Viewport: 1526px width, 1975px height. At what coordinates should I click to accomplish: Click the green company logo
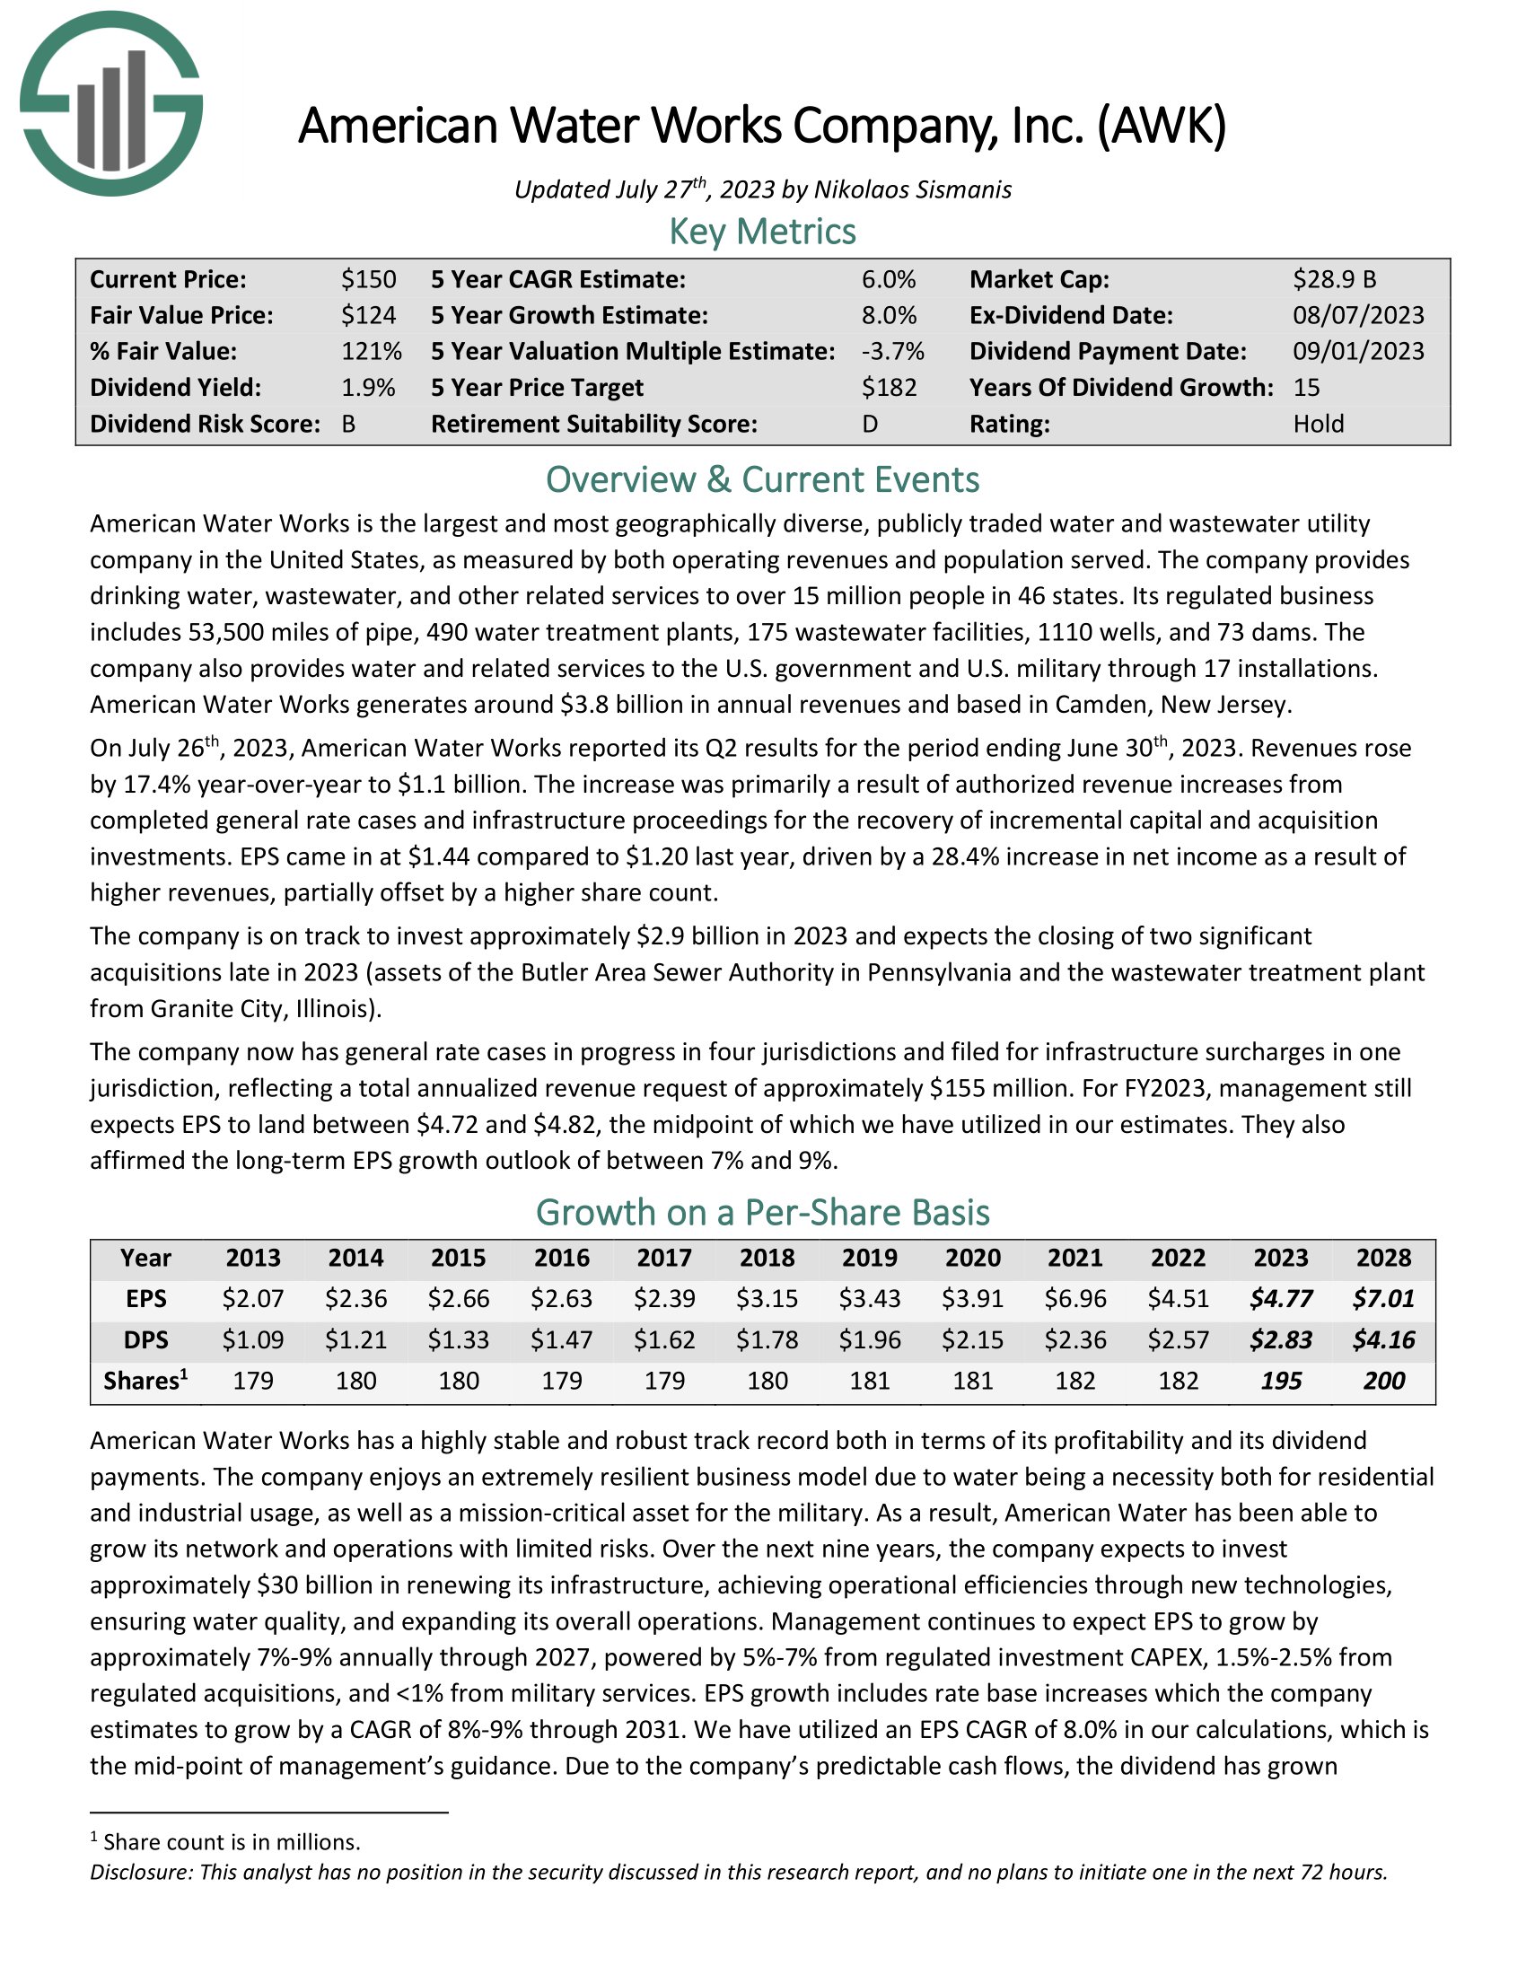(x=111, y=103)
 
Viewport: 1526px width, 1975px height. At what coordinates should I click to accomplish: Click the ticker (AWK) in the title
(x=1162, y=126)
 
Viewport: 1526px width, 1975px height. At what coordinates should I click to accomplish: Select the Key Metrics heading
(x=762, y=232)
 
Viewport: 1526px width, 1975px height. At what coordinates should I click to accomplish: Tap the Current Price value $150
(x=368, y=279)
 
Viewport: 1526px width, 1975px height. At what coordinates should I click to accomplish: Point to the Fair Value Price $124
(x=368, y=316)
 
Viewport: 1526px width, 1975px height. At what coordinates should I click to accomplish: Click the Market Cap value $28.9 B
(x=1334, y=279)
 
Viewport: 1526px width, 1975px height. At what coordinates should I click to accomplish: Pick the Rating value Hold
(x=1318, y=424)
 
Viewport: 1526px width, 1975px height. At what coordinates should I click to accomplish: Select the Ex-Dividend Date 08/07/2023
(x=1358, y=316)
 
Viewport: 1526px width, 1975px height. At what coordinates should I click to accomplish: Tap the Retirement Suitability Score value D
(x=870, y=424)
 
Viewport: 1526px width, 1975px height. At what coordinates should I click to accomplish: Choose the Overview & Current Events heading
(x=762, y=479)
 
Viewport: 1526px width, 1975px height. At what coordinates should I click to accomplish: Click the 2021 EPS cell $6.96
(x=1074, y=1299)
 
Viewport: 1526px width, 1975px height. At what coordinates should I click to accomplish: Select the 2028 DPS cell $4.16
(x=1383, y=1339)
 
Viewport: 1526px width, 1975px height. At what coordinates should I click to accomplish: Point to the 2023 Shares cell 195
(x=1281, y=1381)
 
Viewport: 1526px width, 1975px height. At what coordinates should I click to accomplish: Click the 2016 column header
(x=561, y=1258)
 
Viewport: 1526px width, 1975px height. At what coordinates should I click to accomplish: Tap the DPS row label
(x=145, y=1339)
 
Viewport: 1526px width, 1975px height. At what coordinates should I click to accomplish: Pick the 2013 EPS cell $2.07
(x=253, y=1299)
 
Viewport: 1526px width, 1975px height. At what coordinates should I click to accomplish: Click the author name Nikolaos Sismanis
(x=912, y=190)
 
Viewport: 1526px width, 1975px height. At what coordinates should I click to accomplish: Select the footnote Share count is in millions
(x=232, y=1842)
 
